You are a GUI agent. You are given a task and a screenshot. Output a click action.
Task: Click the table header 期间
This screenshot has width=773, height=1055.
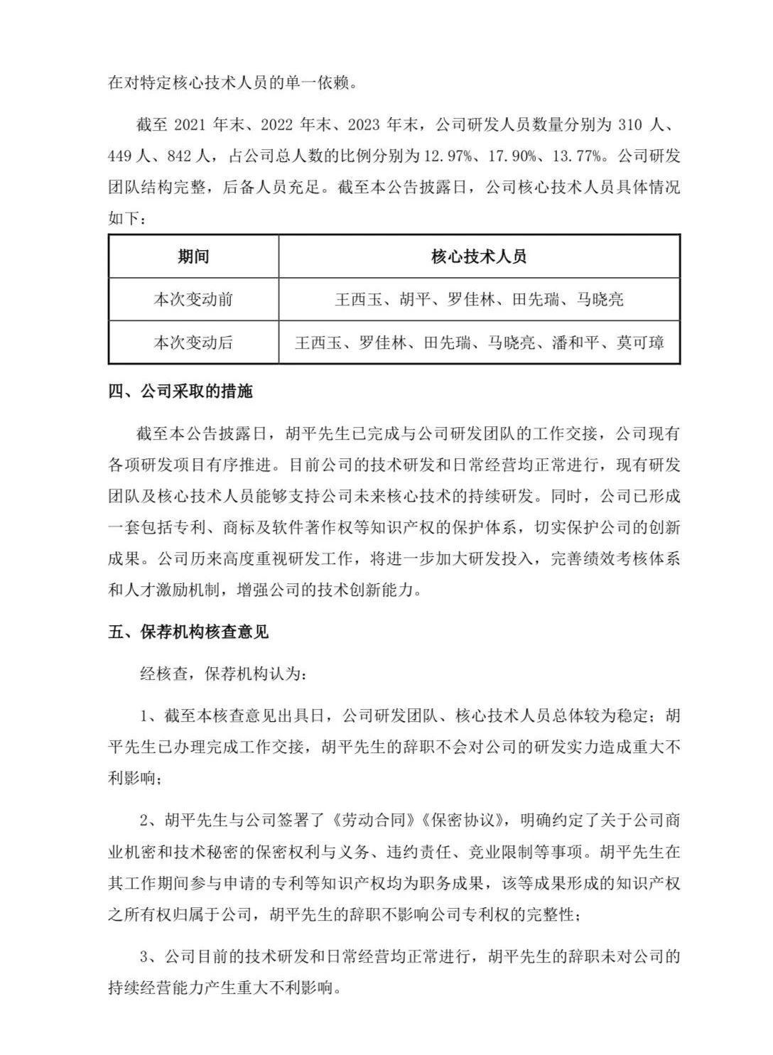[193, 256]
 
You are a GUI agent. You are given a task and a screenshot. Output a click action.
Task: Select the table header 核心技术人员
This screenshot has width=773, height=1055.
[479, 256]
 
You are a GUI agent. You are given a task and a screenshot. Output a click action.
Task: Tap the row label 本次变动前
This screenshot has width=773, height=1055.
[193, 299]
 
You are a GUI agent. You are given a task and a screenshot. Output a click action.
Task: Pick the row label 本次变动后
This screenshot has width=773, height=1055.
[193, 342]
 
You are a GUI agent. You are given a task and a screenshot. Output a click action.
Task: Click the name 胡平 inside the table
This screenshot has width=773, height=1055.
[416, 299]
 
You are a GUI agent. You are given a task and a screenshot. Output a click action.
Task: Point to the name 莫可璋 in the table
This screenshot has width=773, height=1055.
[640, 342]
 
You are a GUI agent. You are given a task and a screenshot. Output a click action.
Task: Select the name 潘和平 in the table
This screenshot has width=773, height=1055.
[576, 342]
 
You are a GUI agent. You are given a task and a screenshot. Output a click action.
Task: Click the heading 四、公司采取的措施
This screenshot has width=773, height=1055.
[180, 391]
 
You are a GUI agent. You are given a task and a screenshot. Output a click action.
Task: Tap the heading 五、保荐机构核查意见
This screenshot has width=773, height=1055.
[188, 632]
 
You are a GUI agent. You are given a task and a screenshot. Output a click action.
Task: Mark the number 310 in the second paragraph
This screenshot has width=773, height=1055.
[630, 125]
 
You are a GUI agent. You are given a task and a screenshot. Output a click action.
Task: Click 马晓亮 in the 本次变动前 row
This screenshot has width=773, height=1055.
[600, 299]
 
